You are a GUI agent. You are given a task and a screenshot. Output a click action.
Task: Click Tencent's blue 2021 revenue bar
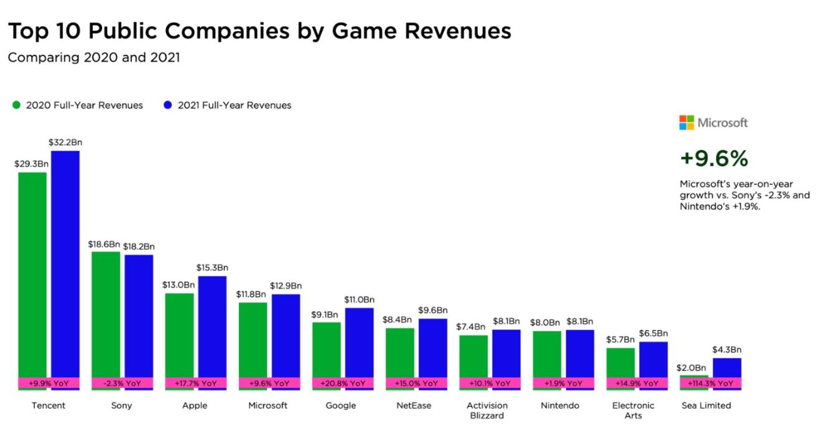[65, 261]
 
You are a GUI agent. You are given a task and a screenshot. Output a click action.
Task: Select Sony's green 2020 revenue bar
[106, 311]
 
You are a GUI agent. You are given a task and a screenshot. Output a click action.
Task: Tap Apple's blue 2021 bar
[212, 324]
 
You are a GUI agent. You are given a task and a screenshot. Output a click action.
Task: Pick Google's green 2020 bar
[326, 349]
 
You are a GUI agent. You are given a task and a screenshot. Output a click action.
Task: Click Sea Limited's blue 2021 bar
[727, 367]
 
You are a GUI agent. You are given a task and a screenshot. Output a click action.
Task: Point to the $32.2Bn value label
[65, 143]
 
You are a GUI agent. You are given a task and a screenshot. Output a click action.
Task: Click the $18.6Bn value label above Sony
[104, 244]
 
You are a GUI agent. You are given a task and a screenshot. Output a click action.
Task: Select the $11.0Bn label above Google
[359, 300]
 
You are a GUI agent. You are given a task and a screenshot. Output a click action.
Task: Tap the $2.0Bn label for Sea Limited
[691, 368]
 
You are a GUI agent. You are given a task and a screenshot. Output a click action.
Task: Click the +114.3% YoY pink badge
[711, 383]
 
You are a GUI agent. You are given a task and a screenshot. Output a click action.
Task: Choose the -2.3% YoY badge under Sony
[122, 383]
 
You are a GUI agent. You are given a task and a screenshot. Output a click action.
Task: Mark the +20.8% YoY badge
[343, 383]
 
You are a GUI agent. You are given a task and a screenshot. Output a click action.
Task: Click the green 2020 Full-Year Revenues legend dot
[16, 105]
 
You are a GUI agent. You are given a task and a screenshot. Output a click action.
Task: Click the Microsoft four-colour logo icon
[686, 123]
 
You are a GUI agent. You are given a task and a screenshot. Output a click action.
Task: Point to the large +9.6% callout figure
[714, 159]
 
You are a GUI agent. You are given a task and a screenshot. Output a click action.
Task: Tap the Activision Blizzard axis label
[487, 411]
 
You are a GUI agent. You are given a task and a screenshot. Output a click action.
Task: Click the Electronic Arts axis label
[633, 411]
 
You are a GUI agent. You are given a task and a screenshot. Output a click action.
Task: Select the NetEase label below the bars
[414, 406]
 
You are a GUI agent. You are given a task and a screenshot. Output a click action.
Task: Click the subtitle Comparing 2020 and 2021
[93, 58]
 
